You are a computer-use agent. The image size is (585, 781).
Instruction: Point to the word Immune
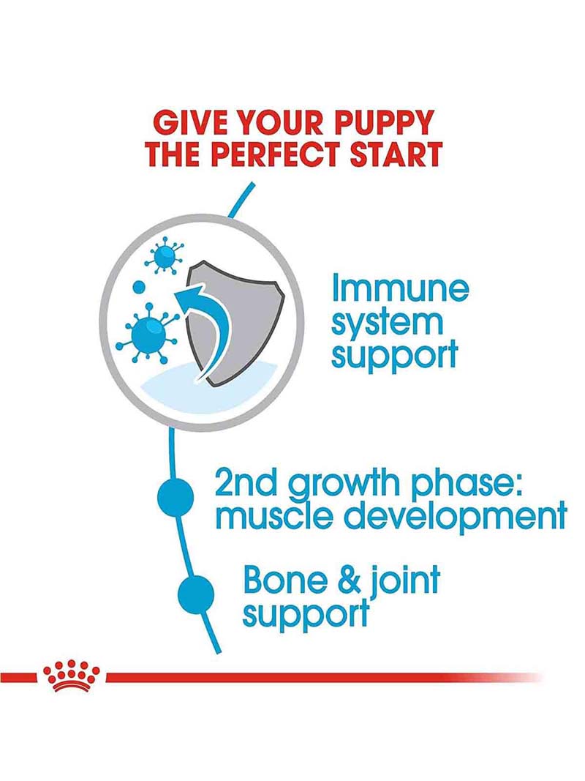click(x=401, y=288)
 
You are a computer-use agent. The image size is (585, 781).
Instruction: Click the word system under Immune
click(x=387, y=324)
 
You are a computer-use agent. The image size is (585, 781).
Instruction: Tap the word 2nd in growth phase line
click(x=246, y=482)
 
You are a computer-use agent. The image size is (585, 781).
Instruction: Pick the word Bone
click(x=287, y=580)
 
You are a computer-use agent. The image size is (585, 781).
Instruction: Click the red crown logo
click(x=72, y=676)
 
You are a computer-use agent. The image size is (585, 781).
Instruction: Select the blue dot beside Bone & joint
click(x=196, y=594)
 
